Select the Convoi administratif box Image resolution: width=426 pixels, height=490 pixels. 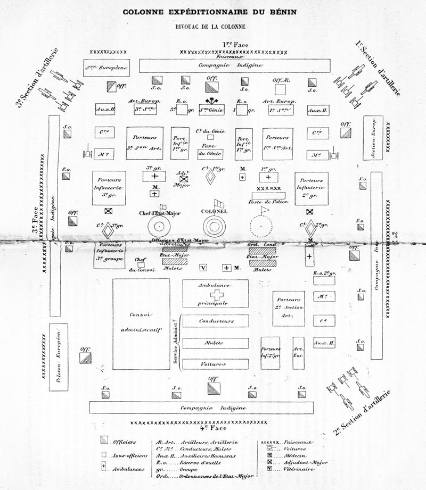(141, 323)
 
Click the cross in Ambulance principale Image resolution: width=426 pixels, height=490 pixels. (216, 295)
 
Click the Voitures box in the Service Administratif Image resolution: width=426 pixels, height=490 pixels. (216, 364)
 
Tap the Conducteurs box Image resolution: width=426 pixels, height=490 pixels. (216, 321)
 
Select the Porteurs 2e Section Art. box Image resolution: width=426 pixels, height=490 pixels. (289, 309)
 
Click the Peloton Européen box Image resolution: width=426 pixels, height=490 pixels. (59, 357)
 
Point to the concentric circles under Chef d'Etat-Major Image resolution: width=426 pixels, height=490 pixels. (159, 228)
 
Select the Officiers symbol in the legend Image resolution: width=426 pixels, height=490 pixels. (105, 441)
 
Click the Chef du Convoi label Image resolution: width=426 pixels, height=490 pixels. (141, 264)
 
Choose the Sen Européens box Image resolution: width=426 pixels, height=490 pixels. (106, 68)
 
